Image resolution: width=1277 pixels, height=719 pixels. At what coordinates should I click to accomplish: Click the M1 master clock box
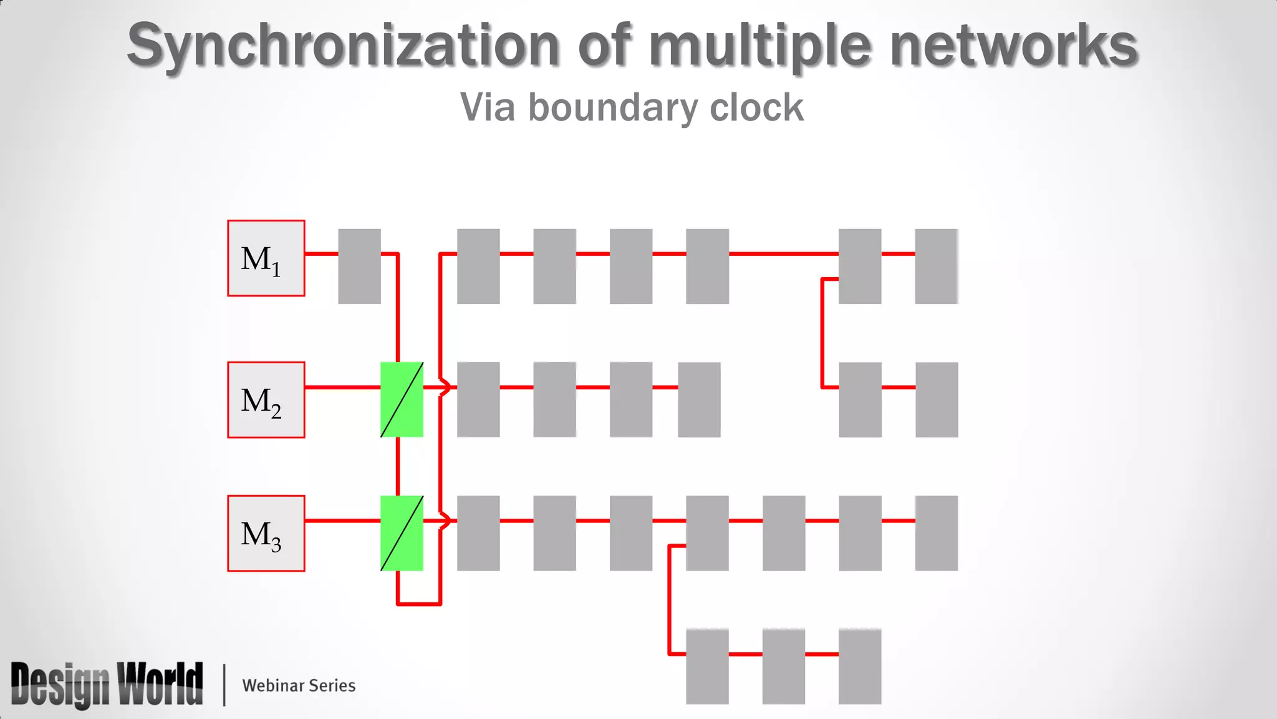pos(266,258)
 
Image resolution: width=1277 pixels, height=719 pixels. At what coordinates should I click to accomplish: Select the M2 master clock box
pos(266,399)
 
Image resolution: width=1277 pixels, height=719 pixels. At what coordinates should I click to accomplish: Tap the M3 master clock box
pos(266,533)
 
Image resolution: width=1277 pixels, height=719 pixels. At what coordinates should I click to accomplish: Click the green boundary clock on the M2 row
pos(402,399)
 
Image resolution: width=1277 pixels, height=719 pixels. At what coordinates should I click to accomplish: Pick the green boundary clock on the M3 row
pos(402,533)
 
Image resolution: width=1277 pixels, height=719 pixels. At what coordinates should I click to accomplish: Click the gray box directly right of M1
pos(359,266)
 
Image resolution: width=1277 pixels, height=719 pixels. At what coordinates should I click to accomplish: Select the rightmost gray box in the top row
pos(936,266)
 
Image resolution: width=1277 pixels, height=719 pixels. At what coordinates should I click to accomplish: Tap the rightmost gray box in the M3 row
pos(936,533)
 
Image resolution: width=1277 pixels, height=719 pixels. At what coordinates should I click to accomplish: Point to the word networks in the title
pos(1014,45)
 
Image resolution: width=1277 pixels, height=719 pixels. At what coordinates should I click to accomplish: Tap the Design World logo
pos(107,684)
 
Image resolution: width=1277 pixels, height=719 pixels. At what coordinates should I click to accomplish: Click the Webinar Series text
pos(299,685)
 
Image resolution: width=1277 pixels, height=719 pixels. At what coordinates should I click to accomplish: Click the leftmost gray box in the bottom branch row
pos(707,666)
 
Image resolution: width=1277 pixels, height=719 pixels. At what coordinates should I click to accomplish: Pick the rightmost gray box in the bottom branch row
pos(859,666)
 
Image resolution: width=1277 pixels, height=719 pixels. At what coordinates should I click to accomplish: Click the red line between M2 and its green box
pos(342,387)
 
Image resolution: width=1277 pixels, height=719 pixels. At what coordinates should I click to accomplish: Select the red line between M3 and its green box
pos(342,521)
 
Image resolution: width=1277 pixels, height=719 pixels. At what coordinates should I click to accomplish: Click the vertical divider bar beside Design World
pos(224,685)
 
